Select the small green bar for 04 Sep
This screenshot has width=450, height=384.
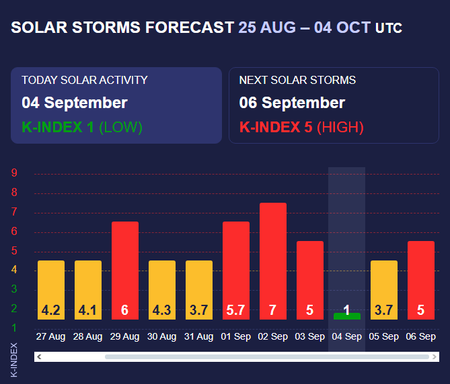(346, 316)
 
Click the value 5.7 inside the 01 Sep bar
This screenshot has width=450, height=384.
(235, 310)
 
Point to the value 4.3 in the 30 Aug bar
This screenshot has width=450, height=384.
(161, 310)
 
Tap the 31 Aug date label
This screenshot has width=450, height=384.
(198, 336)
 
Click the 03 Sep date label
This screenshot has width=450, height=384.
(309, 336)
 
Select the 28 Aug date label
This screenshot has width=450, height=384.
(87, 336)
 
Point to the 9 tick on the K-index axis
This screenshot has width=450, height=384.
(15, 173)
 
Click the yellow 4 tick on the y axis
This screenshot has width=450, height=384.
(15, 270)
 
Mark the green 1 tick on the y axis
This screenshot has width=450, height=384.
(15, 328)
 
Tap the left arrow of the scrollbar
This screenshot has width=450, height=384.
(39, 356)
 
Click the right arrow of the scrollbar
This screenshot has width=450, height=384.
(434, 356)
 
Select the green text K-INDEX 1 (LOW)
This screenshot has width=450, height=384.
(82, 127)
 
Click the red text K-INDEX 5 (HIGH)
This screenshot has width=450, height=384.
(301, 127)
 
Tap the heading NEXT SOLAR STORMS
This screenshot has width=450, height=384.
(297, 80)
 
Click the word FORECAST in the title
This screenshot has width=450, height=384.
(188, 28)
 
